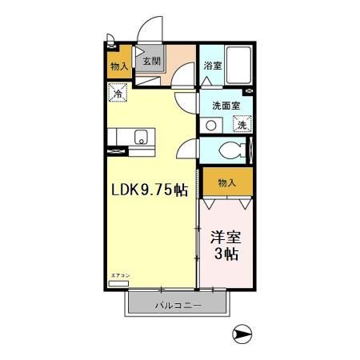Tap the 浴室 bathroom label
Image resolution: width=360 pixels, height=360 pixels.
(212, 66)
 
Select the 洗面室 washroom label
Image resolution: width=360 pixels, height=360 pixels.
(227, 105)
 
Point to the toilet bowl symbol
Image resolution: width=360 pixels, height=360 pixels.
(233, 150)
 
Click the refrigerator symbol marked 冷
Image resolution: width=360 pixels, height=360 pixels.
(118, 93)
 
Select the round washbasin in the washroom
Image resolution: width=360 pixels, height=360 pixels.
(211, 124)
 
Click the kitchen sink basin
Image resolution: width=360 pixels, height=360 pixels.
(140, 135)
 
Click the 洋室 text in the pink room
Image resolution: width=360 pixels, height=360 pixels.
(226, 238)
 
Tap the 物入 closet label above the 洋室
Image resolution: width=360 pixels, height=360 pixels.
(227, 182)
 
